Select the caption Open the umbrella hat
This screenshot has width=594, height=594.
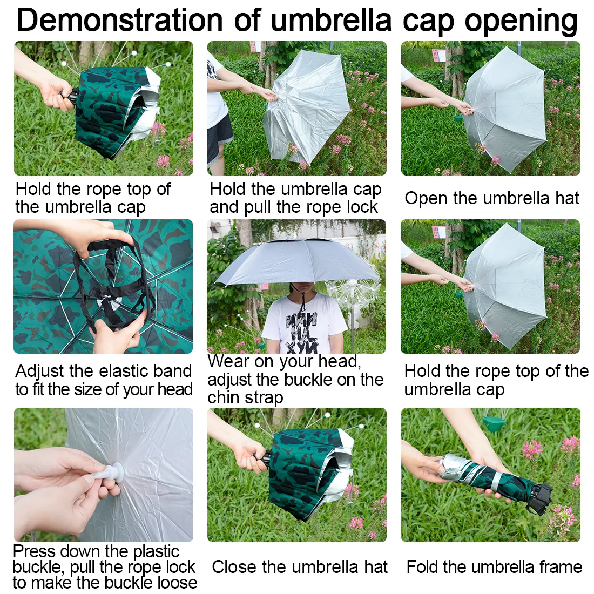click(492, 198)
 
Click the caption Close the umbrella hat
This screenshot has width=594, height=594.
click(299, 566)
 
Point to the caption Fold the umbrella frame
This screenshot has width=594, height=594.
click(494, 566)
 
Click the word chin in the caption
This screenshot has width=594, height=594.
click(222, 398)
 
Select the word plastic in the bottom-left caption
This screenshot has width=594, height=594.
click(155, 551)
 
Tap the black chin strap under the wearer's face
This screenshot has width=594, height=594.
click(301, 301)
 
